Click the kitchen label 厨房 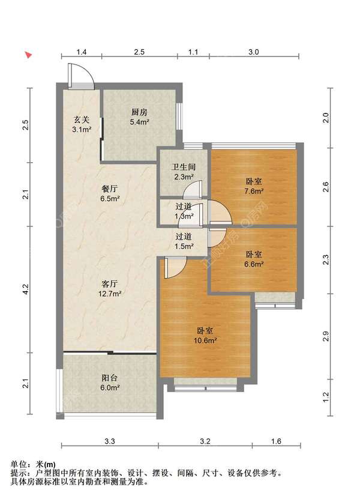[x=139, y=112]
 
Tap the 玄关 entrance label [x=81, y=120]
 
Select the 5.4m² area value [x=139, y=122]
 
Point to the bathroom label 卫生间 [x=184, y=167]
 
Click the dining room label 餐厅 [x=110, y=189]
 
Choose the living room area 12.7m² [x=110, y=293]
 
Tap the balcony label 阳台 [x=110, y=378]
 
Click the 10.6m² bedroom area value [x=205, y=340]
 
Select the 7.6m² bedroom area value [x=254, y=192]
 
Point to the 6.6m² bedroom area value [x=254, y=264]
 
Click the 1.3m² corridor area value [x=184, y=216]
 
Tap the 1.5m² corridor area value [x=184, y=246]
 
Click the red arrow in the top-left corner [x=29, y=55]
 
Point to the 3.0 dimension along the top [x=253, y=52]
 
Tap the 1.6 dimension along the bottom [x=276, y=441]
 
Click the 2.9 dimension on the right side [x=325, y=336]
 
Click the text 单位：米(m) [x=33, y=464]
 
